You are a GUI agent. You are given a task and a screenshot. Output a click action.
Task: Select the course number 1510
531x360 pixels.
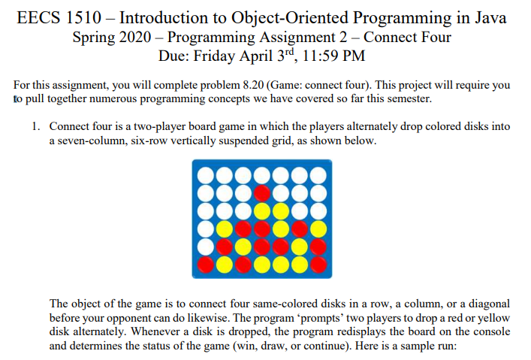[x=83, y=18]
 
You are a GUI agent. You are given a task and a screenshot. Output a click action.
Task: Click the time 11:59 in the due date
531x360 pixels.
[x=319, y=56]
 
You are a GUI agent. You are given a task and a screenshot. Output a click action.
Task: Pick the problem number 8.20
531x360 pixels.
[x=253, y=85]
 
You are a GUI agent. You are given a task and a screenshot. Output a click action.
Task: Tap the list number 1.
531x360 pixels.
[x=35, y=126]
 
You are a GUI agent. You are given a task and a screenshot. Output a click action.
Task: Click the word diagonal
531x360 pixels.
[x=489, y=304]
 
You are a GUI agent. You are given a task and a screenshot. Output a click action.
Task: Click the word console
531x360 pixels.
[x=492, y=331]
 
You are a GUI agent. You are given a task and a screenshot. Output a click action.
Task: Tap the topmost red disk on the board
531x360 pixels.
[x=262, y=194]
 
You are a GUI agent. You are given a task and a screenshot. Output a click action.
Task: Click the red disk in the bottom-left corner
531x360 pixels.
[x=206, y=265]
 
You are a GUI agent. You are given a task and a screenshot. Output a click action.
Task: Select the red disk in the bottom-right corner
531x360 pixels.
[x=318, y=265]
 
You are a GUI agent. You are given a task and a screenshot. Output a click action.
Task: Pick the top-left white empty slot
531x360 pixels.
[x=206, y=176]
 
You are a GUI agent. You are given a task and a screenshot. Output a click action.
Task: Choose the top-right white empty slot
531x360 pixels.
[x=318, y=176]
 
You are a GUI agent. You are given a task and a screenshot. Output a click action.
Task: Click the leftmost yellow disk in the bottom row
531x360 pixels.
[x=225, y=265]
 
